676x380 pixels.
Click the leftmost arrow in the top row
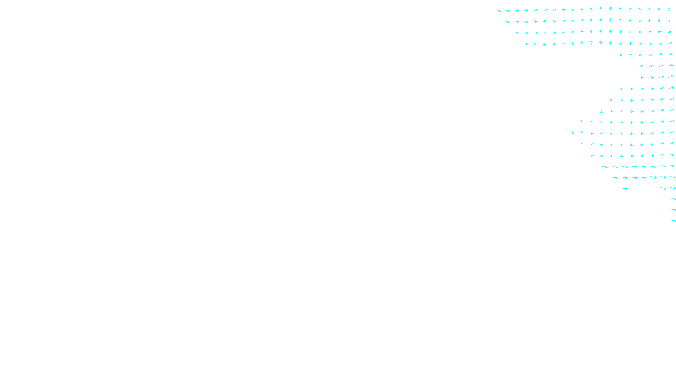click(498, 11)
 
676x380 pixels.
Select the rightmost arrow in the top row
click(669, 9)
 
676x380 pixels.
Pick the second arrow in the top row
click(507, 11)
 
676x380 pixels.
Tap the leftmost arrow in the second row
click(507, 22)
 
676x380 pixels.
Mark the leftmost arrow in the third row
click(516, 33)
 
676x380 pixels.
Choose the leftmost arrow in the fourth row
click(526, 44)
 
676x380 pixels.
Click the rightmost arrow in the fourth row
click(670, 43)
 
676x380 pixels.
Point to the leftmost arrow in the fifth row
click(620, 55)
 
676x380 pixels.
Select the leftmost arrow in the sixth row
click(641, 66)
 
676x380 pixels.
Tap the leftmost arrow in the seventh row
click(641, 77)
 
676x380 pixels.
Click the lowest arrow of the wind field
click(673, 220)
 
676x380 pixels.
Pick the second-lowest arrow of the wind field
click(673, 209)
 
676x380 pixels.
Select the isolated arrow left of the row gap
click(624, 188)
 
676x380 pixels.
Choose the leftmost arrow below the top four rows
click(572, 133)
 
